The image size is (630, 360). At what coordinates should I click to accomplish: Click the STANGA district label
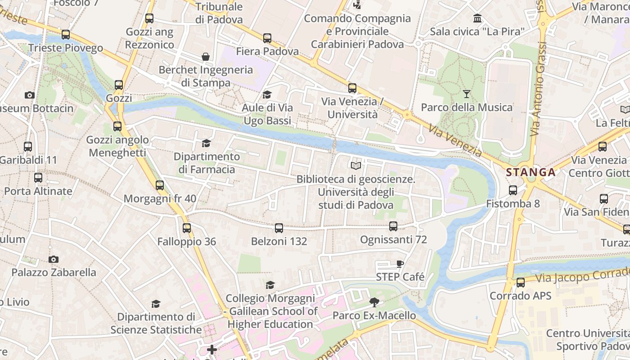point(531,172)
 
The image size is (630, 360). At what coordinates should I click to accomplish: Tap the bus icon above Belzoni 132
point(279,228)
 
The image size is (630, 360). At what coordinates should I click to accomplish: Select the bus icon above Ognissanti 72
point(393,226)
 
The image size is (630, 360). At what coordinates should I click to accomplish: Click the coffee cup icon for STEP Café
point(400,264)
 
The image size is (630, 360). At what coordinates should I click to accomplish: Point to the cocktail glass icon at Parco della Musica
point(466,94)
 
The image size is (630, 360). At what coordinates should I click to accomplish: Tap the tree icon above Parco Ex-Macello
point(373,302)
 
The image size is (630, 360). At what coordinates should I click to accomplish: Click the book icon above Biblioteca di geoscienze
point(355,166)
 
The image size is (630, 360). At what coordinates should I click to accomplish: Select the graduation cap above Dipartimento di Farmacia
point(206,143)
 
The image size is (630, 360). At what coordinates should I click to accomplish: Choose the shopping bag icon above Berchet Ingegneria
point(206,57)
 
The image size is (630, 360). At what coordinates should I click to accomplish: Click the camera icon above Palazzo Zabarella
point(54,259)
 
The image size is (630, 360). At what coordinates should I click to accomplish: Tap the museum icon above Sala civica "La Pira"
point(477,18)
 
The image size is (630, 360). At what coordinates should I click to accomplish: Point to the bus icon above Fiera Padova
point(267,38)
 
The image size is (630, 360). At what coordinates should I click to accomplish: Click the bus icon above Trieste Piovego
point(66,35)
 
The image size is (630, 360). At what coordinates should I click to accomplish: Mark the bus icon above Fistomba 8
point(513,190)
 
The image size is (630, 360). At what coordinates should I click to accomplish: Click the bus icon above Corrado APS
point(520,283)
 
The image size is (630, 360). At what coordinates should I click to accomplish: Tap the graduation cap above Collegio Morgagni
point(270,285)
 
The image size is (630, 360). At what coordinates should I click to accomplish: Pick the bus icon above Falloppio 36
point(187,228)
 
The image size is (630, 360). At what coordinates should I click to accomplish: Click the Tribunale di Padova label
point(219,13)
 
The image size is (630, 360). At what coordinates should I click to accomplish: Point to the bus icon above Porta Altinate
point(38,178)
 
